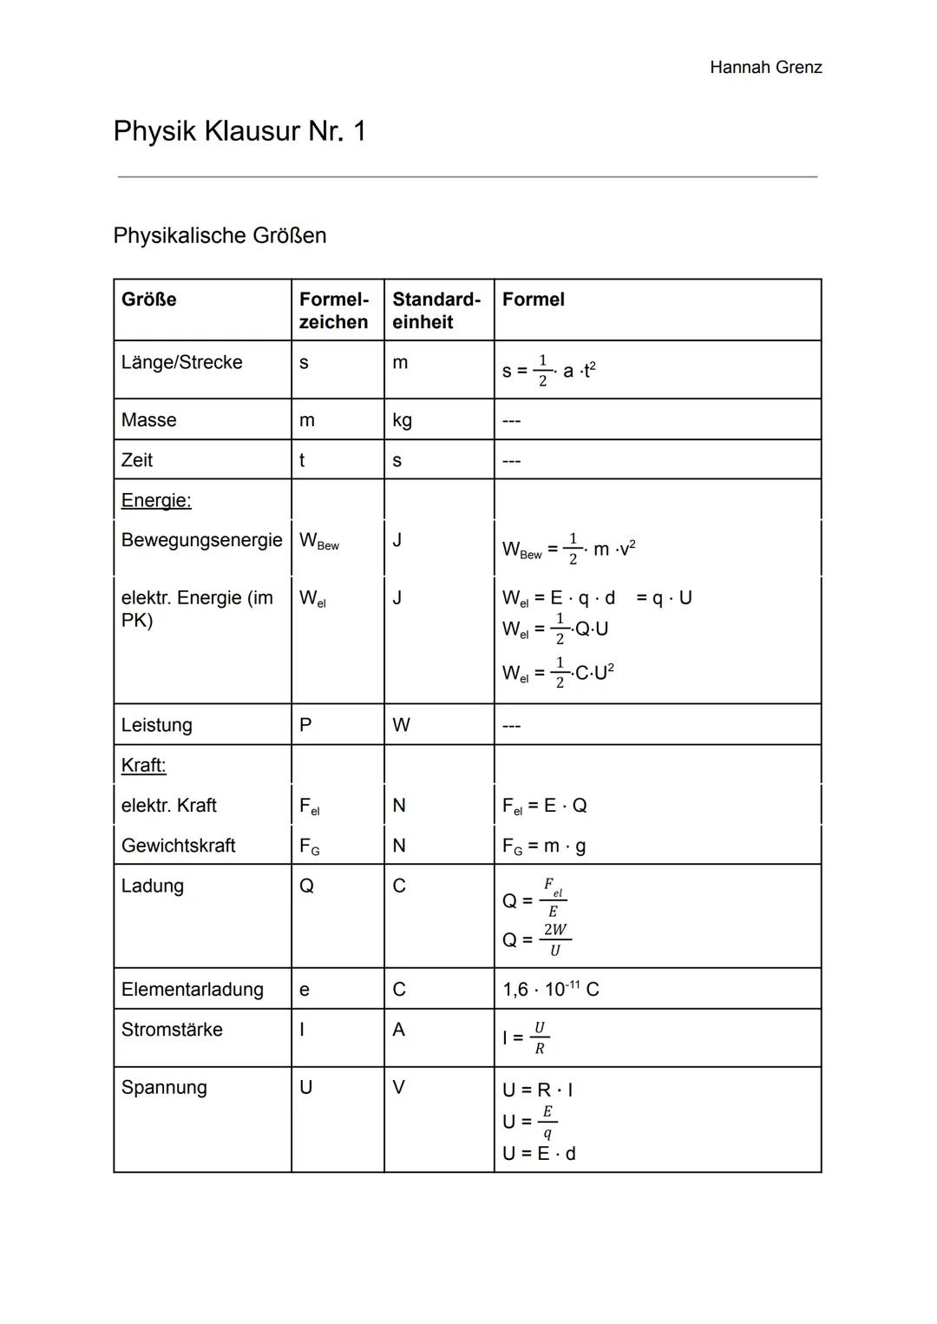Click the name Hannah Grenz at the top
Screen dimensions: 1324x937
(765, 68)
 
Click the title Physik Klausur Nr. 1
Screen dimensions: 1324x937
(239, 131)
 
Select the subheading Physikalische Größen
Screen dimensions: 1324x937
(220, 235)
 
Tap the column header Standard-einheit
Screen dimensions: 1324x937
(436, 310)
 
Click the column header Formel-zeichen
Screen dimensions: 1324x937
(334, 310)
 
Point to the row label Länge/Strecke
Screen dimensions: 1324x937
(181, 362)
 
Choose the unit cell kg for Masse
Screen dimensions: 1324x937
(402, 420)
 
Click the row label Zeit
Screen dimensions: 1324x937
(137, 460)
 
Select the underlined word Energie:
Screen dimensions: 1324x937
(156, 500)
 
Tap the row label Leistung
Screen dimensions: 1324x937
(156, 725)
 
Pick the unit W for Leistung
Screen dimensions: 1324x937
(401, 725)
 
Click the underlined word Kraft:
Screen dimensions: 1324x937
(143, 765)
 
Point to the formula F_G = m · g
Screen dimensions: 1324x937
(543, 846)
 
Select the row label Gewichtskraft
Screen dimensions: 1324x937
(178, 846)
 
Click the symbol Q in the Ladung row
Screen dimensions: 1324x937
(306, 886)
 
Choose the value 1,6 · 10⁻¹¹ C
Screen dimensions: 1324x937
(550, 989)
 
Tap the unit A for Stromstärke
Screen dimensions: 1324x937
(398, 1030)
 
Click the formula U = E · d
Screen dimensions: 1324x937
(539, 1153)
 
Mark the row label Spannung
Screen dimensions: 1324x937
(164, 1087)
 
